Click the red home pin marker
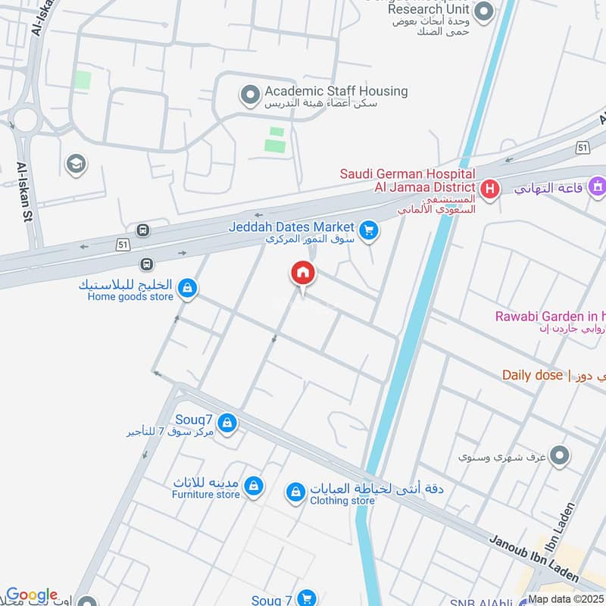(x=303, y=273)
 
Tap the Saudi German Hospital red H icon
(x=489, y=188)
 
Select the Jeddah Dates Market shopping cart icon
(x=369, y=230)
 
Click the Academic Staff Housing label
(x=336, y=92)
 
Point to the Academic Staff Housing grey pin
(x=248, y=95)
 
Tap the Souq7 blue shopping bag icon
(x=226, y=423)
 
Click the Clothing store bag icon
(x=295, y=493)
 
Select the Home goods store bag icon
(x=188, y=287)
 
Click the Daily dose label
(x=533, y=375)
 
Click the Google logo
(x=31, y=595)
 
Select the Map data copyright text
(x=566, y=599)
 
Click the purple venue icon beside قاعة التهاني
(x=598, y=186)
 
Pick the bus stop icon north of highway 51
(x=142, y=230)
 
